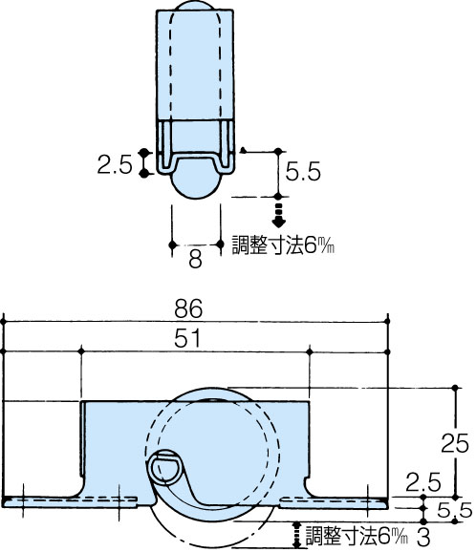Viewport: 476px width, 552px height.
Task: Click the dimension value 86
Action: point(188,308)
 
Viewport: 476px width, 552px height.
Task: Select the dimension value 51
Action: point(187,338)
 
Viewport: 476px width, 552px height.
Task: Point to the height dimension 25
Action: point(455,443)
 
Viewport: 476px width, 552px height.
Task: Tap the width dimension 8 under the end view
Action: point(196,259)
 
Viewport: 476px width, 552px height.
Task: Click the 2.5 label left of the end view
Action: point(115,164)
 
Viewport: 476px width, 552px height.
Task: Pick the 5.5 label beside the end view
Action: point(303,172)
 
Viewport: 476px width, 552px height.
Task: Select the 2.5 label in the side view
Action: point(423,482)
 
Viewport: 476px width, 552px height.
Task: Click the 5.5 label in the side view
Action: point(455,510)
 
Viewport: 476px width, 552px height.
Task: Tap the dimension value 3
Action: point(423,538)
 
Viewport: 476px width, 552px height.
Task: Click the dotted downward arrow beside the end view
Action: point(278,215)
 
